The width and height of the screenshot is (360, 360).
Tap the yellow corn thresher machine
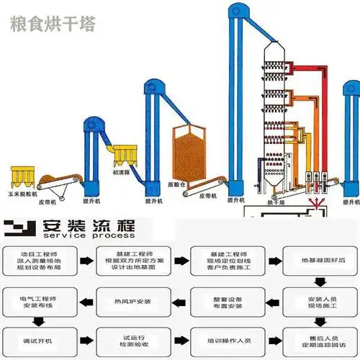tap(22, 174)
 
